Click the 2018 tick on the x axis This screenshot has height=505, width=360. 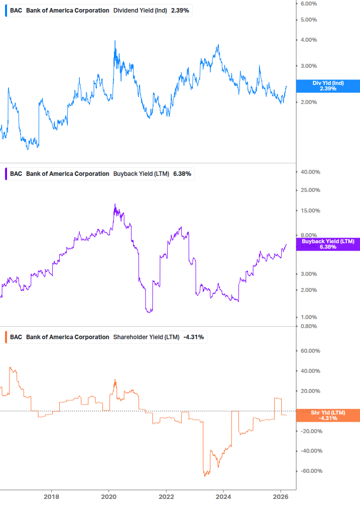point(51,497)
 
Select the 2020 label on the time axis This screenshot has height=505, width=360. point(109,497)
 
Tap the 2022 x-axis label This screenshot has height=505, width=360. point(167,497)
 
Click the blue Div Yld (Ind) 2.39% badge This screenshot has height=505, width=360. point(328,86)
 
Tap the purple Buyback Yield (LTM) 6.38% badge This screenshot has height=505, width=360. point(328,244)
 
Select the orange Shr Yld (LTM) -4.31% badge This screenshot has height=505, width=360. point(328,415)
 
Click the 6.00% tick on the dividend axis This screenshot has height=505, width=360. point(309,4)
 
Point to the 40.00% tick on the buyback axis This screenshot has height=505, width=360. point(310,172)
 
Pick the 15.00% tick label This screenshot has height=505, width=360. point(310,211)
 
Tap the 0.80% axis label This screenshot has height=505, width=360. point(309,326)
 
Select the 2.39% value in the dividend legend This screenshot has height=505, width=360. point(180,11)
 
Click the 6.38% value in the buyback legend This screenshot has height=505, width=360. point(182,174)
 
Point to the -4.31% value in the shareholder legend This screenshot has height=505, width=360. point(193,337)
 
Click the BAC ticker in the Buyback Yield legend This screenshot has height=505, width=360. point(16,174)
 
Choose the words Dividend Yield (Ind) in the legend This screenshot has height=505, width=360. point(140,11)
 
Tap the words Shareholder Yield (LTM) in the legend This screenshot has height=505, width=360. point(146,337)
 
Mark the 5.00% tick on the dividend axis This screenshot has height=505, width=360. point(309,20)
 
